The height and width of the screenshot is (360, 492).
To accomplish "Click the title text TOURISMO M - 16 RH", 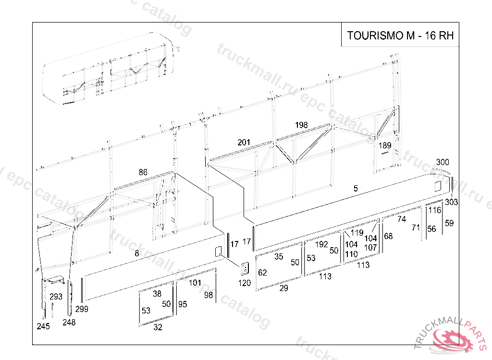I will pyautogui.click(x=400, y=36).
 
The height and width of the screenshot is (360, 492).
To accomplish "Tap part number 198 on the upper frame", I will pyautogui.click(x=301, y=125).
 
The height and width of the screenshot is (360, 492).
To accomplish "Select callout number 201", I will pyautogui.click(x=244, y=142).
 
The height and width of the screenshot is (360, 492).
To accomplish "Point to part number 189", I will pyautogui.click(x=385, y=145).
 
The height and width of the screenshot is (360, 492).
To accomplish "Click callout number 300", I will pyautogui.click(x=443, y=162).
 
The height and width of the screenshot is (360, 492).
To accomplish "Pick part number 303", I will pyautogui.click(x=451, y=202).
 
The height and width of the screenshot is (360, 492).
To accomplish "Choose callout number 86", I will pyautogui.click(x=143, y=172).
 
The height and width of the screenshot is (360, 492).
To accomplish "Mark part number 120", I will pyautogui.click(x=245, y=283).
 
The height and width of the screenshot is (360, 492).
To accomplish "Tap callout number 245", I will pyautogui.click(x=43, y=326).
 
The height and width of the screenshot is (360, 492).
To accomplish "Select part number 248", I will pyautogui.click(x=69, y=323).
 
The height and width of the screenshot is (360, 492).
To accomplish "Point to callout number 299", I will pyautogui.click(x=82, y=309).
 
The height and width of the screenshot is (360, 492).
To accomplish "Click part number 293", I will pyautogui.click(x=56, y=296).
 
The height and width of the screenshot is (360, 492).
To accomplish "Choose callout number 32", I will pyautogui.click(x=158, y=328).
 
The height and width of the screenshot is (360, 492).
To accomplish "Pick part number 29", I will pyautogui.click(x=284, y=288).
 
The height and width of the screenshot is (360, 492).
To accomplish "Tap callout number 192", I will pyautogui.click(x=321, y=244).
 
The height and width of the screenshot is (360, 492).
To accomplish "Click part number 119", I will pyautogui.click(x=357, y=233).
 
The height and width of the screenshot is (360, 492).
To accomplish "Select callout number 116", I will pyautogui.click(x=435, y=210).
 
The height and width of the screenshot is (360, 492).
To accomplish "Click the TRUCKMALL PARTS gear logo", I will pyautogui.click(x=454, y=338).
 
